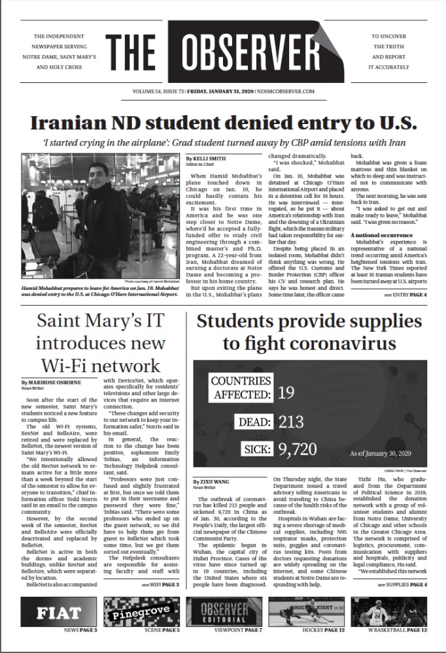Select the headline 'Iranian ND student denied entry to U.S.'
(223, 123)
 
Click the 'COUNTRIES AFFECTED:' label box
(241, 387)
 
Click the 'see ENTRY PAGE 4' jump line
(405, 295)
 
